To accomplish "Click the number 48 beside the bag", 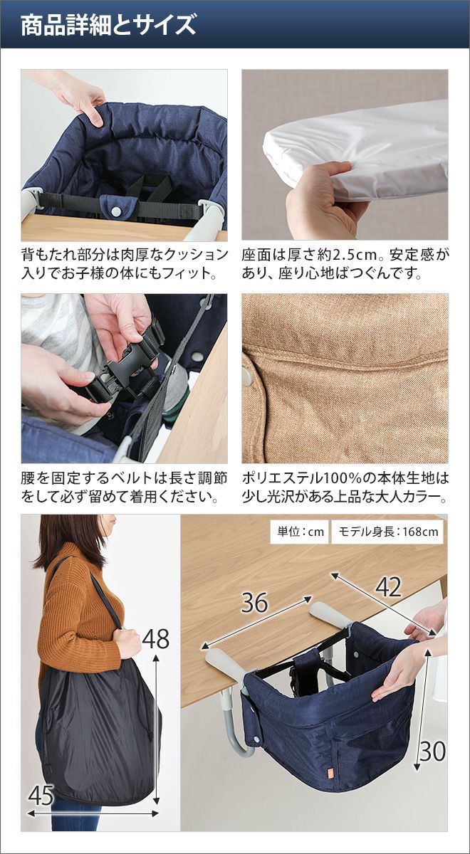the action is (156, 638).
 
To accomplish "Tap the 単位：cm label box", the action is (301, 532).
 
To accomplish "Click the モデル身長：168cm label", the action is (388, 532).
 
